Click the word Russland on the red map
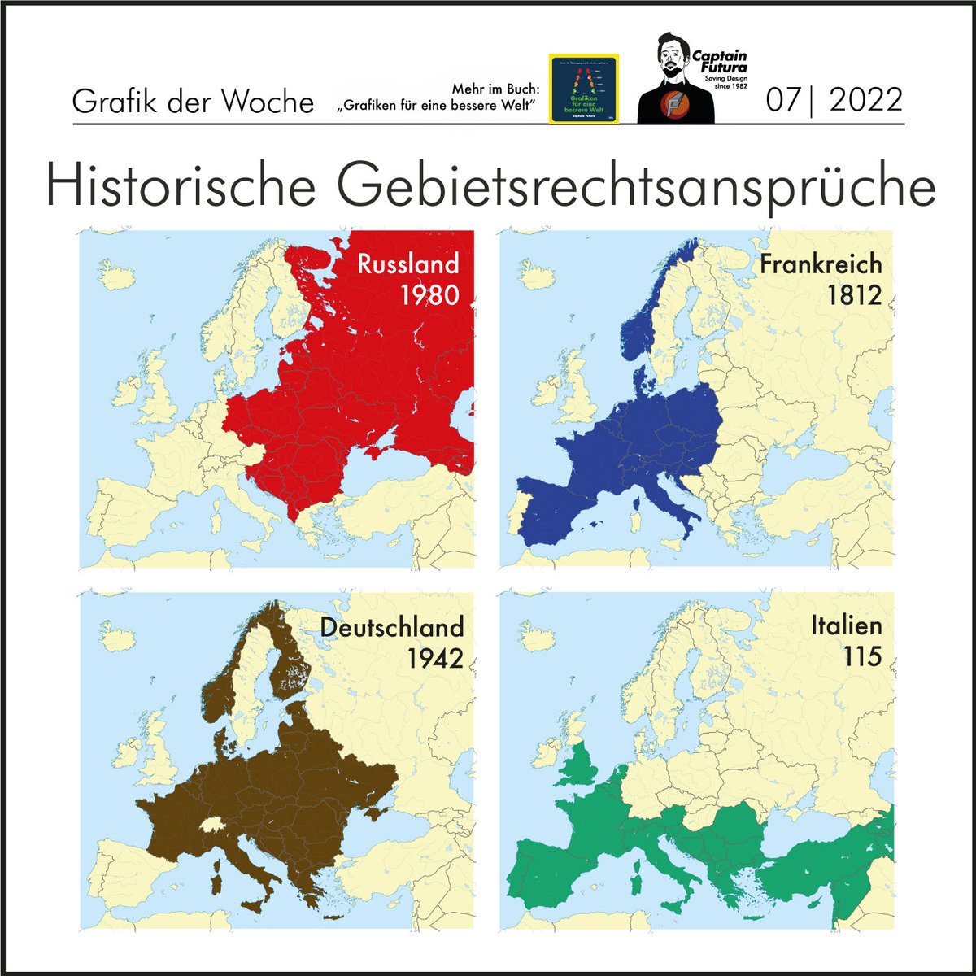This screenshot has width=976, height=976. pyautogui.click(x=407, y=264)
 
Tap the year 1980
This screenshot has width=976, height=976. pyautogui.click(x=429, y=294)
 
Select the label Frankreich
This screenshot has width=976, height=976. pyautogui.click(x=821, y=264)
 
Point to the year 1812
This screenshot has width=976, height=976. pyautogui.click(x=854, y=294)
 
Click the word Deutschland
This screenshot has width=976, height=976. pyautogui.click(x=392, y=627)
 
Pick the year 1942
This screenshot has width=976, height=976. pyautogui.click(x=435, y=657)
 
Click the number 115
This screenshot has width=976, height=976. pyautogui.click(x=863, y=656)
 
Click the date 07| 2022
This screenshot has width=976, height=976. pyautogui.click(x=834, y=100)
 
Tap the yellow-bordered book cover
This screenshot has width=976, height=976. pyautogui.click(x=584, y=89)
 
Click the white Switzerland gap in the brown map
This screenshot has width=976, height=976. pyautogui.click(x=214, y=826)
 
